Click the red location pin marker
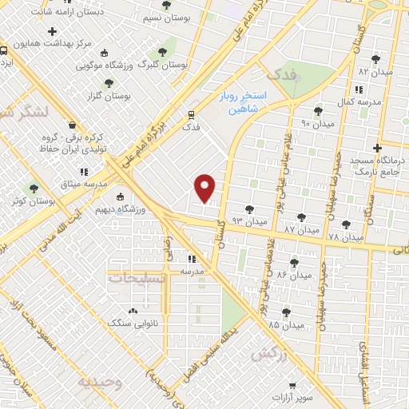click(x=205, y=189)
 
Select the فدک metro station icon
click(x=190, y=114)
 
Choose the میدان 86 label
click(x=292, y=275)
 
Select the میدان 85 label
click(x=285, y=325)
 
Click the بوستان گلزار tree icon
click(x=109, y=81)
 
